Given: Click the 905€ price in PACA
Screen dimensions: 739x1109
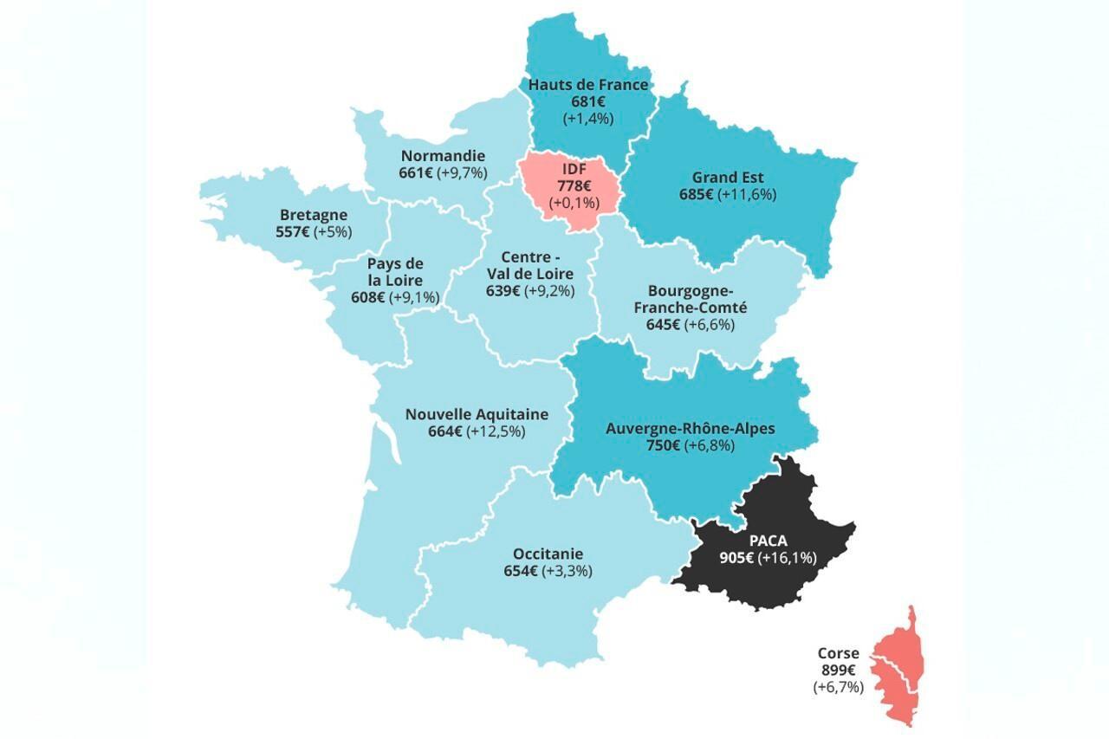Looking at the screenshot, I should [736, 558].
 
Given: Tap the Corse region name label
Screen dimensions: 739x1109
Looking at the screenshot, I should [838, 654].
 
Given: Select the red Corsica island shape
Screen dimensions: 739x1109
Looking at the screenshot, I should [898, 668].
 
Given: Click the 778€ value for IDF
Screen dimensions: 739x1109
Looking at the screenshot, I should [574, 186].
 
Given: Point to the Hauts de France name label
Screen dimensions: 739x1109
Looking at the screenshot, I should [588, 85].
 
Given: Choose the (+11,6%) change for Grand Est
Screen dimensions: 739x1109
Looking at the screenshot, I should [747, 194].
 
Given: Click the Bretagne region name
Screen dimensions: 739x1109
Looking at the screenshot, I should [314, 215].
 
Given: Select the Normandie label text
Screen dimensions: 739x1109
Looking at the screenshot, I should [443, 156].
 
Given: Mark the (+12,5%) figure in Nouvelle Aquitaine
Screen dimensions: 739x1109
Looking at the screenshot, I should [496, 431].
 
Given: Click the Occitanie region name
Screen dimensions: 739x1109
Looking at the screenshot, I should [548, 554].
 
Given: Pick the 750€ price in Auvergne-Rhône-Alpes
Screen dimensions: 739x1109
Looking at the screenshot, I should [664, 445].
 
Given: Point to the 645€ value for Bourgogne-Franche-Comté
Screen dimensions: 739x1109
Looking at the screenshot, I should [663, 325].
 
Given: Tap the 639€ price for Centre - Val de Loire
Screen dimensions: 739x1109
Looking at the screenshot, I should [503, 291].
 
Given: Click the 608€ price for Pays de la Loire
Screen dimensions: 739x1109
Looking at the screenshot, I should [367, 297].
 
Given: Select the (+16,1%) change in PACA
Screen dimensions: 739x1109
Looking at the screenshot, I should [788, 558].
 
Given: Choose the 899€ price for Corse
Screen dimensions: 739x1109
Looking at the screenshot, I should [838, 671].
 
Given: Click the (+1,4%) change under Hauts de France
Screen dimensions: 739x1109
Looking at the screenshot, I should [588, 118].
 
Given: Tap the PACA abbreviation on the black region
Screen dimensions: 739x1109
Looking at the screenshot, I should [768, 541].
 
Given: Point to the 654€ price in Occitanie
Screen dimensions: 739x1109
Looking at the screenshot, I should [521, 571].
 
